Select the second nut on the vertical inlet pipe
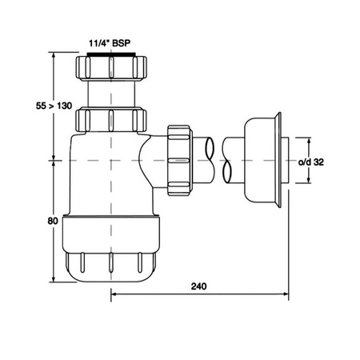coord(112,121)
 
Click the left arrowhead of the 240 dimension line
coord(113,294)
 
